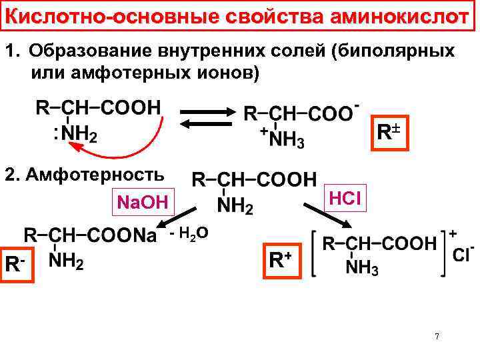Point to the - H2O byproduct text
[191, 233]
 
